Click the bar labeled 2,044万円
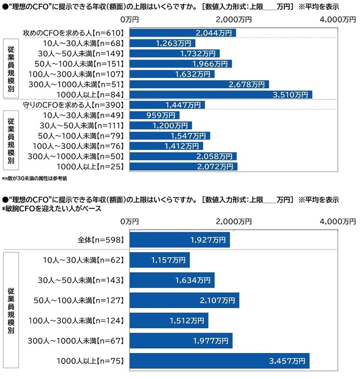pos(183,32)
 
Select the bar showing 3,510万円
pos(221,95)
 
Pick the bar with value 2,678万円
pos(200,84)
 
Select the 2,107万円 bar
pos(185,300)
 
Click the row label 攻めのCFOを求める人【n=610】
pos(74,32)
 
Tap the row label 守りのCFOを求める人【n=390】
pos(74,105)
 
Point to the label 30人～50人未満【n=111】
pos(83,126)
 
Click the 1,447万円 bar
pos(167,105)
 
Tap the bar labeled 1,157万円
pos(160,260)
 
